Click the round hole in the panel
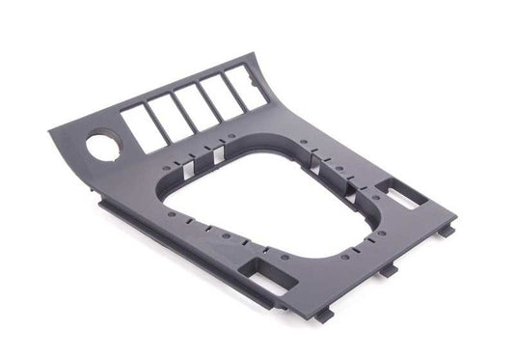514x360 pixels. pyautogui.click(x=101, y=149)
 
